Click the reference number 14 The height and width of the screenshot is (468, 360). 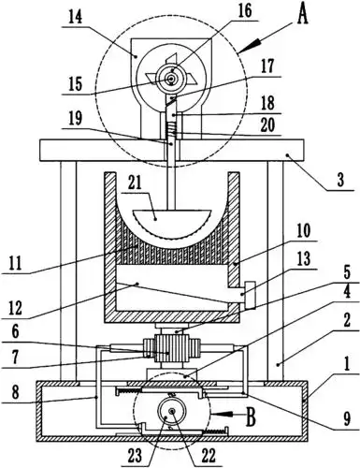[76, 18]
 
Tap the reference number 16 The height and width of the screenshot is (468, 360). [244, 11]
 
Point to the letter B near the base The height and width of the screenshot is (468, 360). [251, 417]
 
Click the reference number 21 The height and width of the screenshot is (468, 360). [134, 183]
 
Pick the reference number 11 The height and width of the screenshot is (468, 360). [15, 263]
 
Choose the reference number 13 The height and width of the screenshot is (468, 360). [304, 258]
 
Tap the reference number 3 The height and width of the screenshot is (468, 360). [340, 180]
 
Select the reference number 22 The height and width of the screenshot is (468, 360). [209, 456]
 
